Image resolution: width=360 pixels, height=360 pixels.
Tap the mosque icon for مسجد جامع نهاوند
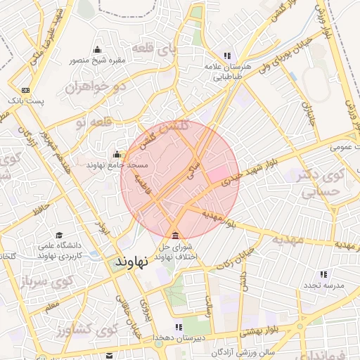pyautogui.click(x=117, y=154)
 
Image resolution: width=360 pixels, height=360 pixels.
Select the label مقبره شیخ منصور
pyautogui.click(x=97, y=60)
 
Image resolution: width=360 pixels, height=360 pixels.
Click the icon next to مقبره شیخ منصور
pyautogui.click(x=97, y=49)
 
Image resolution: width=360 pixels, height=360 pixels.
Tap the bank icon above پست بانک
pyautogui.click(x=26, y=90)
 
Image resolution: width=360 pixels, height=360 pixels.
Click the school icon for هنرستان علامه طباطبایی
pyautogui.click(x=226, y=56)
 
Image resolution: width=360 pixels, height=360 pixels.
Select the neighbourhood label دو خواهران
pyautogui.click(x=89, y=87)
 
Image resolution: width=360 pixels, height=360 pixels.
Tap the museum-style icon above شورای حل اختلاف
pyautogui.click(x=175, y=235)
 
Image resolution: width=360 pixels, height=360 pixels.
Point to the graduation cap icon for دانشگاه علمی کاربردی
pyautogui.click(x=60, y=236)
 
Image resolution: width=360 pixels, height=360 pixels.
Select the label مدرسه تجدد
pyautogui.click(x=323, y=285)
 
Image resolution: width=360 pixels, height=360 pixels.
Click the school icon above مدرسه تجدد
pyautogui.click(x=323, y=274)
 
